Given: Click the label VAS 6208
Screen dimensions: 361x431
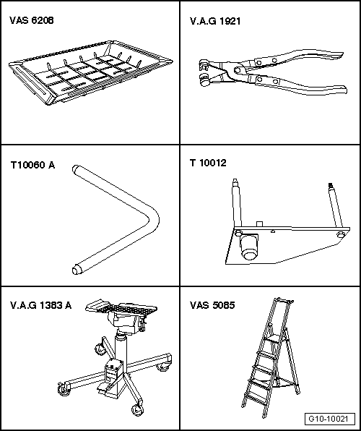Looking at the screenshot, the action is point(32,21).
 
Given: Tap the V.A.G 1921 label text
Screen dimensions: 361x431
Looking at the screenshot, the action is point(215,21).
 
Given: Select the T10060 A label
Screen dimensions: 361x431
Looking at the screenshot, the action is point(32,165).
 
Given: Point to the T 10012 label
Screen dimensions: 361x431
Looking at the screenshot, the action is point(208,163).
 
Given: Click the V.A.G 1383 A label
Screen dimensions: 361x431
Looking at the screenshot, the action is point(41,305).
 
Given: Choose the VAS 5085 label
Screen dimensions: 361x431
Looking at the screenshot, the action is point(212,305).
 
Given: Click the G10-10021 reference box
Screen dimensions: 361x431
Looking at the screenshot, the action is point(329,419).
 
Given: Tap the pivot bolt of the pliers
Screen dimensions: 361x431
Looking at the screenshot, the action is point(238,70).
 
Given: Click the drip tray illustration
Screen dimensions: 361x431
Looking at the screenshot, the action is point(90,73).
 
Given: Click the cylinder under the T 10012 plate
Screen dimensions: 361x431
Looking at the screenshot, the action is point(248,247).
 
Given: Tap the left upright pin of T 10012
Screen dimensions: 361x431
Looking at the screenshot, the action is point(237,203).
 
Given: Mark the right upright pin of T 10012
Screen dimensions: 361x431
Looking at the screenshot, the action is point(336,205).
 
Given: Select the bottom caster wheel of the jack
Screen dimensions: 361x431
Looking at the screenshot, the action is point(137,410).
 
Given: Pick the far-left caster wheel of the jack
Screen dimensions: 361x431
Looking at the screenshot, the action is point(64,390).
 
